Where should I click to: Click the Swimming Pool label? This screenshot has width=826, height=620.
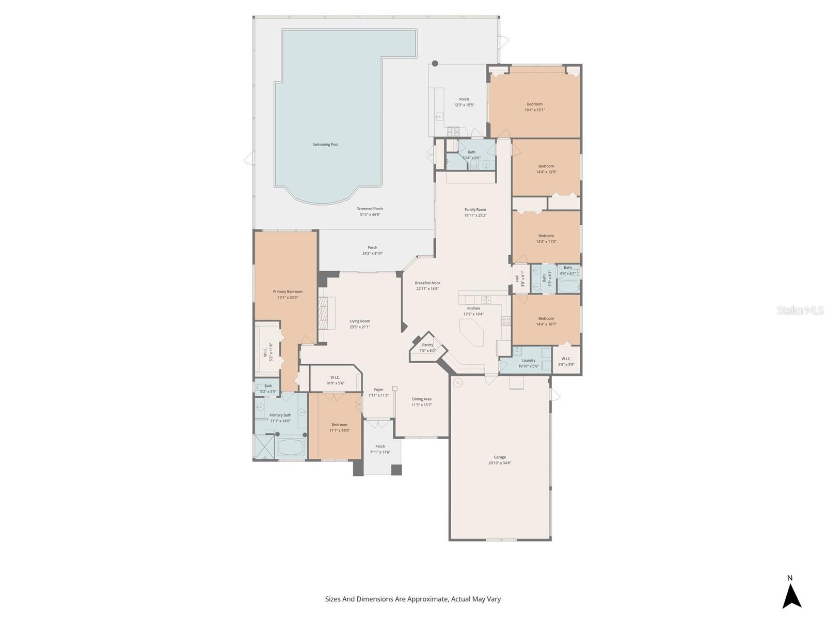(325, 145)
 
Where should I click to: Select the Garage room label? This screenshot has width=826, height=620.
(500, 457)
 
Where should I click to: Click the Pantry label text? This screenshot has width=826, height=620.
(427, 345)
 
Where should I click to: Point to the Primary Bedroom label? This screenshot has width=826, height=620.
(288, 292)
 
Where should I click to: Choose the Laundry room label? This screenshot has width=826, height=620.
(528, 361)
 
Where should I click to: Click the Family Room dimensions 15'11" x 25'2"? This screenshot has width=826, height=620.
(475, 215)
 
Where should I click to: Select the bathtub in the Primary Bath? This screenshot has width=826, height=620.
(291, 447)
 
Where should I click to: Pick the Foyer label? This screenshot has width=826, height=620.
(378, 390)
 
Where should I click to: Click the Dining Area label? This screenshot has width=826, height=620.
(421, 399)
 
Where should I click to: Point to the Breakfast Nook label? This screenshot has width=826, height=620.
(427, 283)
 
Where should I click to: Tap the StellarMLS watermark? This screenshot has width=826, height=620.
(800, 310)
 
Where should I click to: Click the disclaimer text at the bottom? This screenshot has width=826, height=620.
(412, 599)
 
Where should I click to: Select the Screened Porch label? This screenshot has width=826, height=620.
(370, 209)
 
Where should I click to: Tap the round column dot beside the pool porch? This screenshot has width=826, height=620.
(435, 64)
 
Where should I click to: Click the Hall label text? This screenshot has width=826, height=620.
(517, 278)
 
